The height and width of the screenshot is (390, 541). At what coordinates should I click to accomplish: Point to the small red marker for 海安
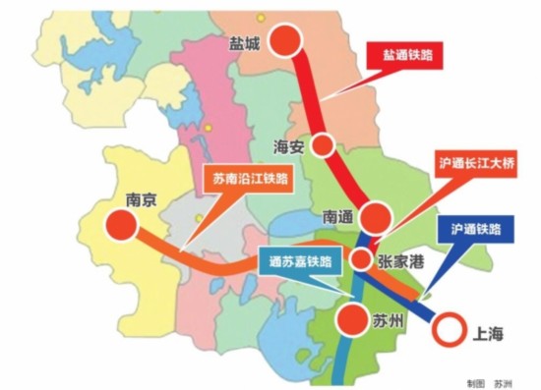point(322,145)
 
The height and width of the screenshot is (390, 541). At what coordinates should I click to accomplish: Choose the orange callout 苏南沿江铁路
point(250,180)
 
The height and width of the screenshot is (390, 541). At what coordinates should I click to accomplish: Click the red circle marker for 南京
point(120,225)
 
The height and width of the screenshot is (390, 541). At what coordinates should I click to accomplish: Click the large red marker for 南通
point(376,216)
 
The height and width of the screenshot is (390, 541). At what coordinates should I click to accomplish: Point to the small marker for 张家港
point(362,259)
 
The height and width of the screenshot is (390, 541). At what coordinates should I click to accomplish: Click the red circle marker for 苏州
point(349,319)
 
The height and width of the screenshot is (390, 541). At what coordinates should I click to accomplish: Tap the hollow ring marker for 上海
point(450,330)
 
